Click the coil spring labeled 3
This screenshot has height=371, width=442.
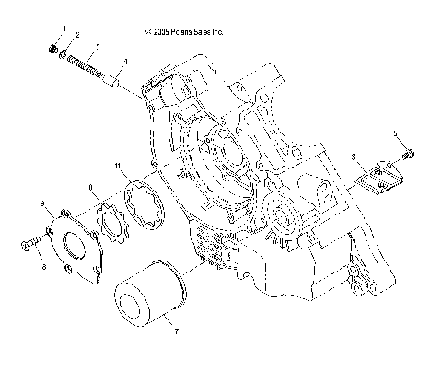click(x=87, y=65)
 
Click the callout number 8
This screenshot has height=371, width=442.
click(x=43, y=267)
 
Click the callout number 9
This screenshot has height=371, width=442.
click(x=41, y=202)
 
